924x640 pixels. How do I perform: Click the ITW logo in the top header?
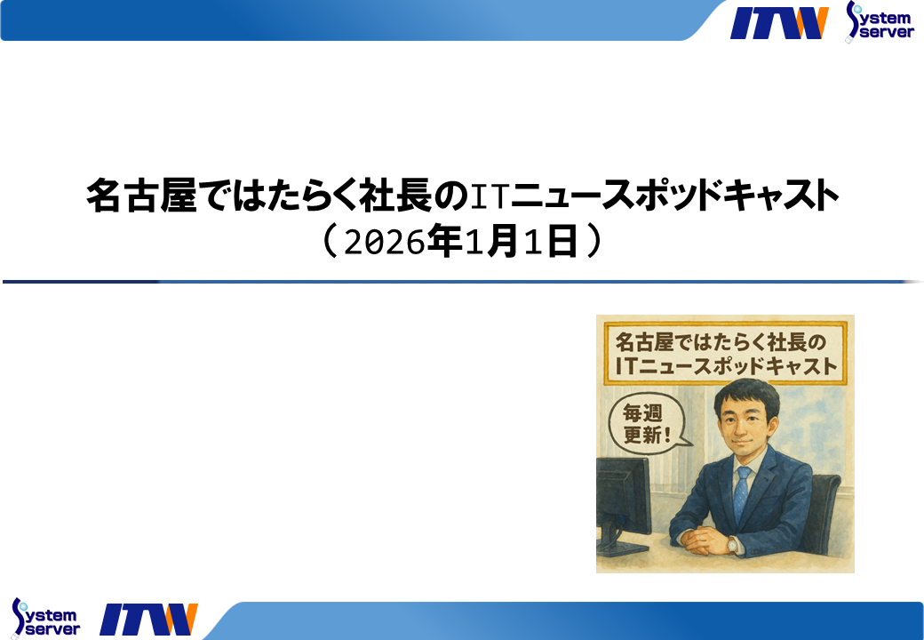click(x=779, y=22)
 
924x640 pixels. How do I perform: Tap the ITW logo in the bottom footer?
click(x=148, y=620)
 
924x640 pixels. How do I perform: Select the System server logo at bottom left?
click(x=45, y=617)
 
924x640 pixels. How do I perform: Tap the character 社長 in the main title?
click(x=411, y=196)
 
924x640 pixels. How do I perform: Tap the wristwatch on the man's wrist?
click(x=731, y=544)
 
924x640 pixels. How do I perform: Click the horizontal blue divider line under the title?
click(x=462, y=282)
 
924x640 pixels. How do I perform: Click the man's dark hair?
click(x=745, y=390)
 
